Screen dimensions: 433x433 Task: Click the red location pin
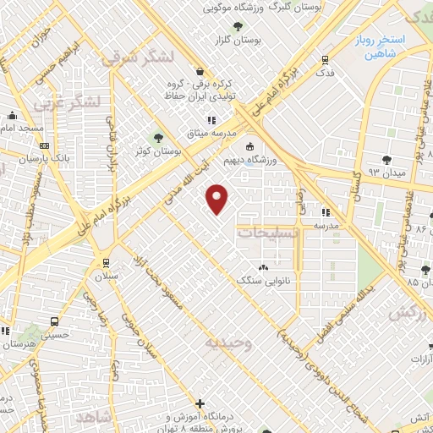coord(218,199)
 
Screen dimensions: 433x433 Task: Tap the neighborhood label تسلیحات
coord(266,233)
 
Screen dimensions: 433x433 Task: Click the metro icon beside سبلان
coord(106,262)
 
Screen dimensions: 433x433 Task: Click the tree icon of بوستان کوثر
coord(158,138)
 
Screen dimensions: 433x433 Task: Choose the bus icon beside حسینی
coord(55,321)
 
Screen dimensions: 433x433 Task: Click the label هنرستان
coord(19,345)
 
